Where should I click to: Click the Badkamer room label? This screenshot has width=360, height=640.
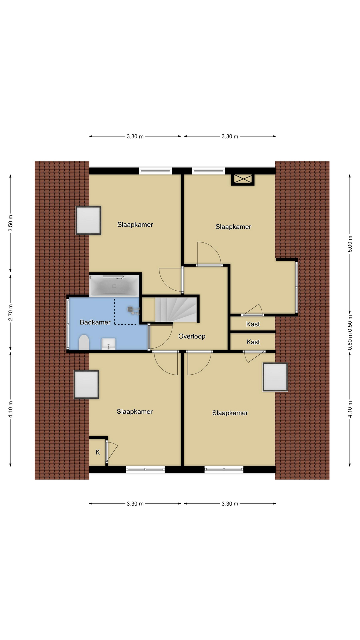[95, 322]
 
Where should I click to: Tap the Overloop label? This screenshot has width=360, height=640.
[192, 336]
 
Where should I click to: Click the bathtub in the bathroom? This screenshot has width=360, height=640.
[114, 286]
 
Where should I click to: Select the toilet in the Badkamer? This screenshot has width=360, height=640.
[84, 342]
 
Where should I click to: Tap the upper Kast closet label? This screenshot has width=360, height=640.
[253, 324]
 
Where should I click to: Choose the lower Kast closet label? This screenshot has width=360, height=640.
[253, 342]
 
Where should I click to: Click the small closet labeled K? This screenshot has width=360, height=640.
[97, 452]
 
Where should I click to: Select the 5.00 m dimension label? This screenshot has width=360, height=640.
[350, 244]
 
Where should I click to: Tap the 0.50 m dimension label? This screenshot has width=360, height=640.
[350, 324]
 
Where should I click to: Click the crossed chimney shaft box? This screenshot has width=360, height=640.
[243, 179]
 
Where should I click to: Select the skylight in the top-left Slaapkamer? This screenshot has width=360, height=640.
[88, 220]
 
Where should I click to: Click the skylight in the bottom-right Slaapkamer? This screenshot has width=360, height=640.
[275, 377]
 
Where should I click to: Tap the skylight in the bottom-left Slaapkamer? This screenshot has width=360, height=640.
[86, 385]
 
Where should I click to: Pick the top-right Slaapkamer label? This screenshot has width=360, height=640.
[233, 227]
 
